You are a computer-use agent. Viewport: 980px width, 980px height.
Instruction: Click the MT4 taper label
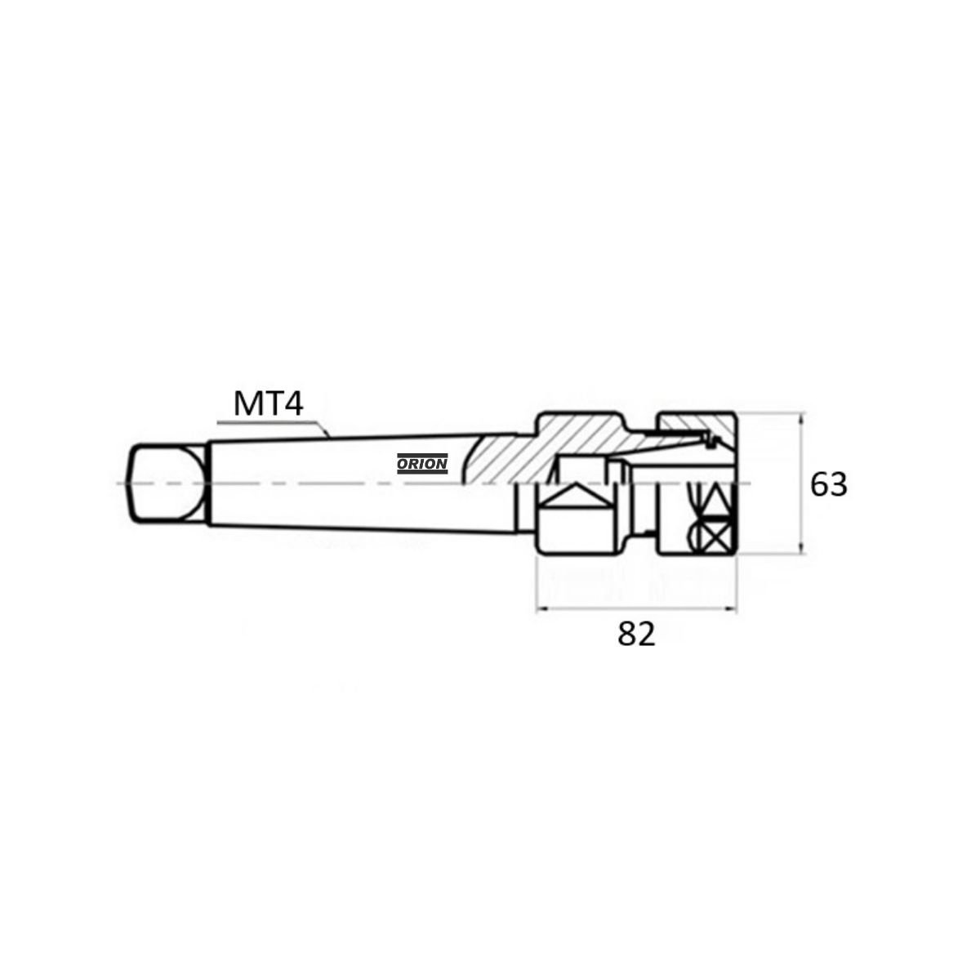268,403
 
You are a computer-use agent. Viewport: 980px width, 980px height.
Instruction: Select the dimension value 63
828,484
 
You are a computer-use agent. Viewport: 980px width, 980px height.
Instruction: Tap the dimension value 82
637,635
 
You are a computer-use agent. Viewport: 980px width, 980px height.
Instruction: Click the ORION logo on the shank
422,463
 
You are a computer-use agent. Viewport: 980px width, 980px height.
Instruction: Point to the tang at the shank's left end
168,483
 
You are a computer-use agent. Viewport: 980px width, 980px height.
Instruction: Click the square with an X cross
715,537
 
